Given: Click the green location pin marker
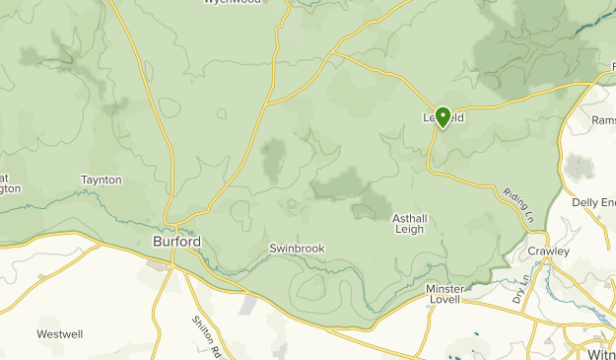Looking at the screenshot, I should pos(443,117).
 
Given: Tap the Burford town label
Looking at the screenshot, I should pos(177,242).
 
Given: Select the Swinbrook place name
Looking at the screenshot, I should pos(297,249).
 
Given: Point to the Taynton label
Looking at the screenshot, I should pos(102,180).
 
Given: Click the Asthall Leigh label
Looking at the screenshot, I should pos(408,224).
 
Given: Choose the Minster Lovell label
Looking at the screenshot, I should pos(445,294).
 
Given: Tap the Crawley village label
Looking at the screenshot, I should pos(548,252).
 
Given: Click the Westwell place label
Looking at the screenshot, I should pos(60,334).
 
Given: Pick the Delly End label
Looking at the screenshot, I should pos(593,202).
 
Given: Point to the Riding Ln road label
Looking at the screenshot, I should pos(516,205).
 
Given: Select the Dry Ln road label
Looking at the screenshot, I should pos(520,287).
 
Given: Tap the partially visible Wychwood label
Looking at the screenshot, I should pos(233,3).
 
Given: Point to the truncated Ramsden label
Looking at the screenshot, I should pos(603,119).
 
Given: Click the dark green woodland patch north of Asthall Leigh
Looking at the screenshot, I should pos(341,182).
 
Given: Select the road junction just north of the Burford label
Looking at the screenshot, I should pos(175,221).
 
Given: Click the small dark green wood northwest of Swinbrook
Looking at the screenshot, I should pos(273,155).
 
